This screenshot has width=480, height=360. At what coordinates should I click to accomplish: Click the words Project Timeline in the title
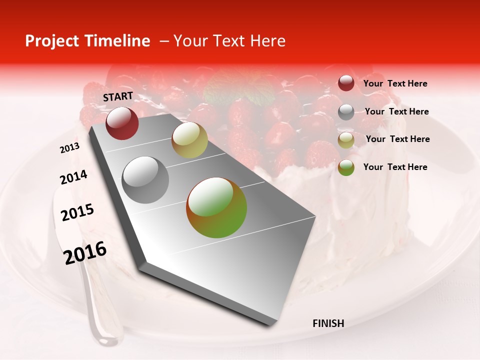[87, 41]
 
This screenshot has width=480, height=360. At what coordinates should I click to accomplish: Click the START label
[118, 96]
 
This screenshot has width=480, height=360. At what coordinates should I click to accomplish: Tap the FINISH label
[328, 323]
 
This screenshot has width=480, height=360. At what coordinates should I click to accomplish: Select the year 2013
[69, 148]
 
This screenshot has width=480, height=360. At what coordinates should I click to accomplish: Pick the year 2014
[73, 177]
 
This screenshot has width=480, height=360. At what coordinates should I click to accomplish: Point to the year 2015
[77, 212]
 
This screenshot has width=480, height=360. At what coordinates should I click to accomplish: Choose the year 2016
[85, 253]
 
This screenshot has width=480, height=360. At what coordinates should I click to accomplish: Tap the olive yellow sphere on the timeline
[189, 140]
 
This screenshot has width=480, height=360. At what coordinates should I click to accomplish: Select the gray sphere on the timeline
[145, 180]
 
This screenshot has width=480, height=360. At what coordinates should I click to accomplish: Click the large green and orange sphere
[216, 207]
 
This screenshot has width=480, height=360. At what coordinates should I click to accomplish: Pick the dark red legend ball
[346, 83]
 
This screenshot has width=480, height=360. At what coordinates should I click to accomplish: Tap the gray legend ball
[346, 112]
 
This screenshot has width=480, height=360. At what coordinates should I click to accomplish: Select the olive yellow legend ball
[346, 140]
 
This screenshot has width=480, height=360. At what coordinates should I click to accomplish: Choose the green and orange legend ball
[346, 167]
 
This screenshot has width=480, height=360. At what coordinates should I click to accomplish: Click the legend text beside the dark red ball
[395, 84]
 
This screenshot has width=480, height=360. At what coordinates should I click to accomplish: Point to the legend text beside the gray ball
[396, 111]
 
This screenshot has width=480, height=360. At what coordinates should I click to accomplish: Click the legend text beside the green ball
[395, 167]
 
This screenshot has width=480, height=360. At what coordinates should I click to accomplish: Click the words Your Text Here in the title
[229, 41]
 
